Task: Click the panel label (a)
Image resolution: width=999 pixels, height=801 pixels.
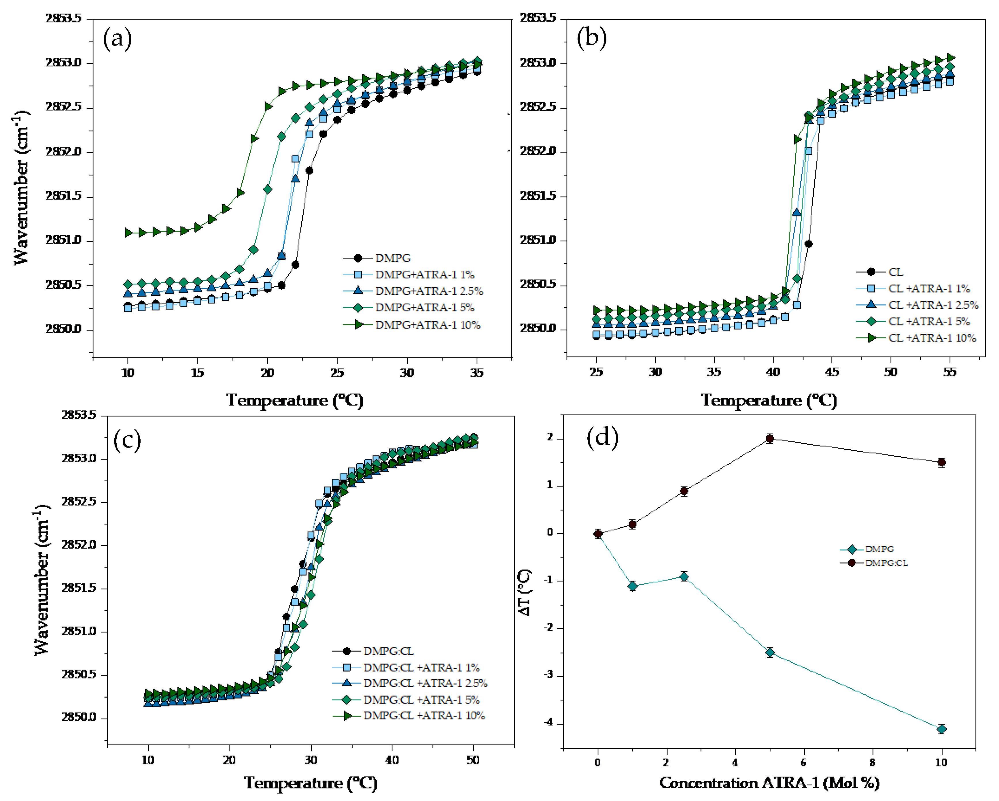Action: click(x=117, y=38)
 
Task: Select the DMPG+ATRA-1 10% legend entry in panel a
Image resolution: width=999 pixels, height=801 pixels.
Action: click(x=427, y=325)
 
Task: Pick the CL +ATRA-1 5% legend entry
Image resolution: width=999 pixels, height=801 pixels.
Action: click(x=929, y=321)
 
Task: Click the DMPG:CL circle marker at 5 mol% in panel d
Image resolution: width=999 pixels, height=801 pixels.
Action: click(x=770, y=438)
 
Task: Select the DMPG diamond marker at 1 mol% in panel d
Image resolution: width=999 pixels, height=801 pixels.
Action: click(x=632, y=586)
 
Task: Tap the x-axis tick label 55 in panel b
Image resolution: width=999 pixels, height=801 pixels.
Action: click(x=949, y=372)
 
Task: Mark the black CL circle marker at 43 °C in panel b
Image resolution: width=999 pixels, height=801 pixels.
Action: click(x=809, y=244)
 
